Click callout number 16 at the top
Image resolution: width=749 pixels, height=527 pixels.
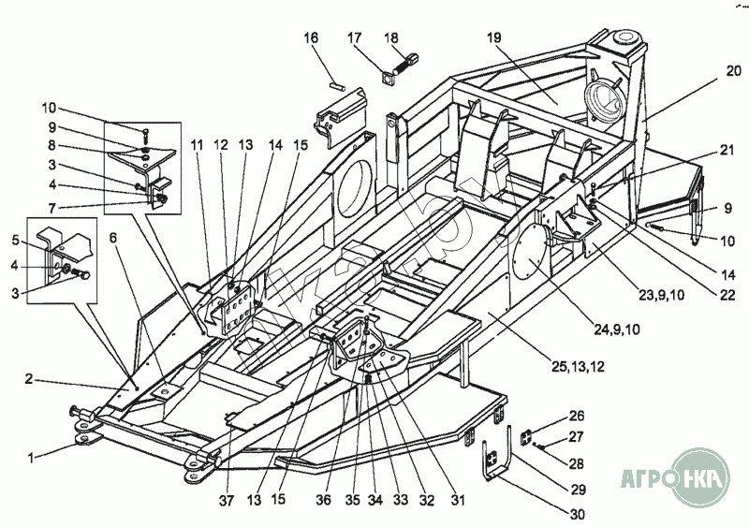311,37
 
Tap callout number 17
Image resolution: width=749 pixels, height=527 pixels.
355,37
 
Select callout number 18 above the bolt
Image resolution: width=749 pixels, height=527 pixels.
391,37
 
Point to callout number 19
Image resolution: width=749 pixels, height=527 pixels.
494,37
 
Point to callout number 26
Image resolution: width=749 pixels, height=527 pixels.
576,415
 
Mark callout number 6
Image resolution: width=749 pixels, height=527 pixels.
113,239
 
